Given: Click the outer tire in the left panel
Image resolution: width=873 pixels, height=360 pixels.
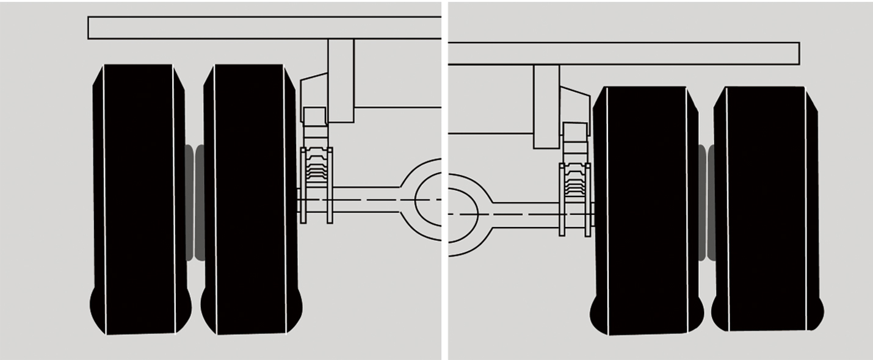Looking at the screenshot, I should tap(139, 195).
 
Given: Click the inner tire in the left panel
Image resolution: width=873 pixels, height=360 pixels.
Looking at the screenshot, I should tap(250, 195).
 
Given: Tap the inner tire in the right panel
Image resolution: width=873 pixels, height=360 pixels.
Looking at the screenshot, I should tap(646, 207).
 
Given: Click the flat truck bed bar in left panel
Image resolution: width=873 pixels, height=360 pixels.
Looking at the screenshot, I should tap(263, 27).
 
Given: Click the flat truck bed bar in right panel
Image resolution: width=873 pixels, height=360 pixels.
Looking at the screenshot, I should tap(623, 53).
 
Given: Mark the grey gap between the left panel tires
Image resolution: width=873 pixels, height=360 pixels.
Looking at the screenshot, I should tap(194, 201).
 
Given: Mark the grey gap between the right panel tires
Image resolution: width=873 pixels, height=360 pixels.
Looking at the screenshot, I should tap(706, 201).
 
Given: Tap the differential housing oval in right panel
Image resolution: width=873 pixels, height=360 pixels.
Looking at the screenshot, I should tap(463, 214).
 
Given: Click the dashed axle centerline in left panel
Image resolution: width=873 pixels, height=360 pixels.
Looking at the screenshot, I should tap(366, 200).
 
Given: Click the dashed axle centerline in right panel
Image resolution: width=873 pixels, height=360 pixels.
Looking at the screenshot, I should tap(519, 214).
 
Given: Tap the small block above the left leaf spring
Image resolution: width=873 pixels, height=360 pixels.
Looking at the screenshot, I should tap(314, 116).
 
